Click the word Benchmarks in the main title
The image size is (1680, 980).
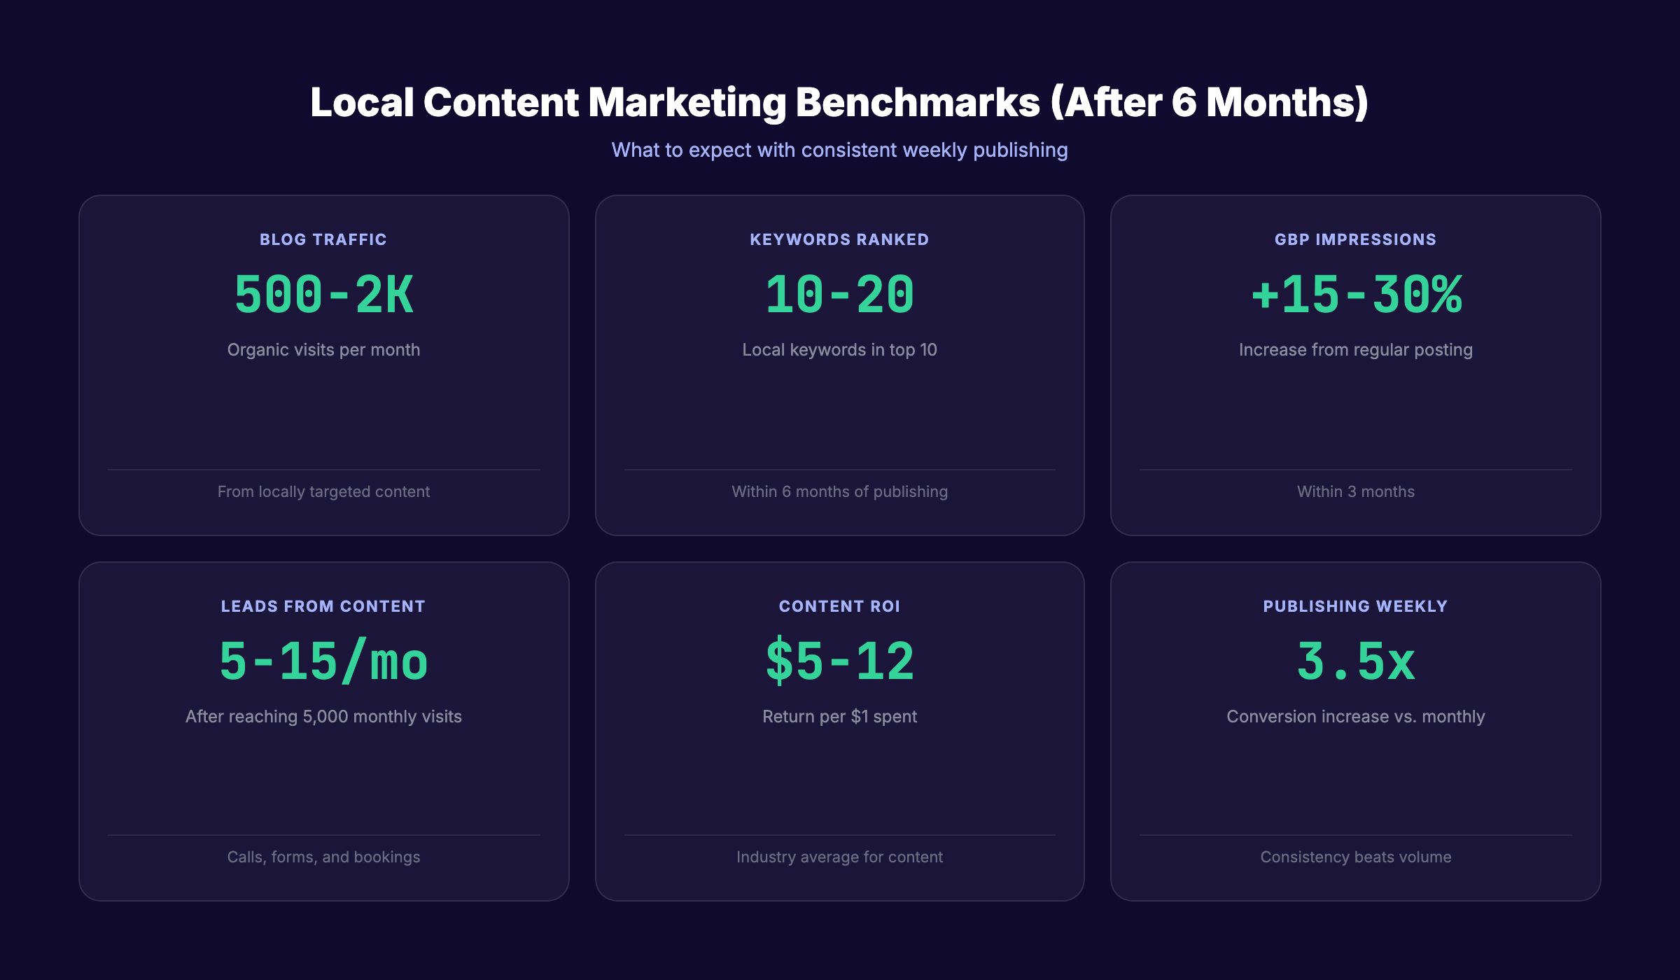pyautogui.click(x=918, y=103)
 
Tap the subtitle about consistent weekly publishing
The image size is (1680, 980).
pyautogui.click(x=839, y=150)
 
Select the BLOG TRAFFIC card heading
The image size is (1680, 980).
pyautogui.click(x=323, y=239)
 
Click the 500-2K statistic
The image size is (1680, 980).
pyautogui.click(x=323, y=295)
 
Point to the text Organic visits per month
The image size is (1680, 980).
pyautogui.click(x=323, y=349)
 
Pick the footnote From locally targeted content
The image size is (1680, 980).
pyautogui.click(x=323, y=491)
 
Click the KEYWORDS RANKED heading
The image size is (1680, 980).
pyautogui.click(x=839, y=239)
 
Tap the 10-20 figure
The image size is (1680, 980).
pyautogui.click(x=839, y=295)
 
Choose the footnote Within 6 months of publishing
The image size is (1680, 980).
pyautogui.click(x=839, y=491)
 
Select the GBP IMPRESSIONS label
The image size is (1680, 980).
pyautogui.click(x=1355, y=239)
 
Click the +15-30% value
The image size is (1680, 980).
pyautogui.click(x=1356, y=295)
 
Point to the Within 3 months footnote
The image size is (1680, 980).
pyautogui.click(x=1355, y=491)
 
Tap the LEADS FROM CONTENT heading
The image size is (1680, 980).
pyautogui.click(x=323, y=606)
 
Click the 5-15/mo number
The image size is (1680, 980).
pyautogui.click(x=323, y=661)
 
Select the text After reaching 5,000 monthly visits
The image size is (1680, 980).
pyautogui.click(x=323, y=716)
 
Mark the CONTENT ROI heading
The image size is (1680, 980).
pyautogui.click(x=839, y=606)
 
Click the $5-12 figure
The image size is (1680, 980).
pyautogui.click(x=839, y=661)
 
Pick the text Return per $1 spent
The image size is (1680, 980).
pyautogui.click(x=839, y=716)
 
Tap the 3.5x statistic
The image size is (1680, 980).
pyautogui.click(x=1355, y=661)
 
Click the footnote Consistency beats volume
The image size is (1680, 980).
pyautogui.click(x=1355, y=857)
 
